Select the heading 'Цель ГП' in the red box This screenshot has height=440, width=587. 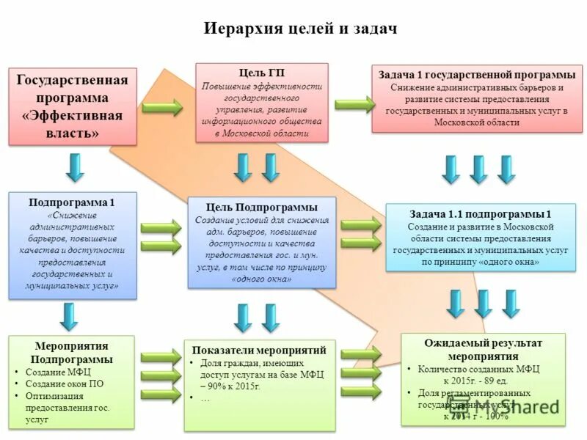pos(262,73)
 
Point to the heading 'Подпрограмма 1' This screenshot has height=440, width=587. pos(72,202)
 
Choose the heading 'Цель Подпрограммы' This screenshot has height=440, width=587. pos(262,208)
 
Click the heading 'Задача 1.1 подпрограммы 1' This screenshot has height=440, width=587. pos(480,214)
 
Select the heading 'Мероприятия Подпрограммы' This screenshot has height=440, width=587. pos(71,353)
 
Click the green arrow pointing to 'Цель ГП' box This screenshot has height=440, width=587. pos(162,109)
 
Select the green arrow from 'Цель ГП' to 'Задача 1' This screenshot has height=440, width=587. pos(353,104)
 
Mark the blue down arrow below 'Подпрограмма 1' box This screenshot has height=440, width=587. pos(69,316)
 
